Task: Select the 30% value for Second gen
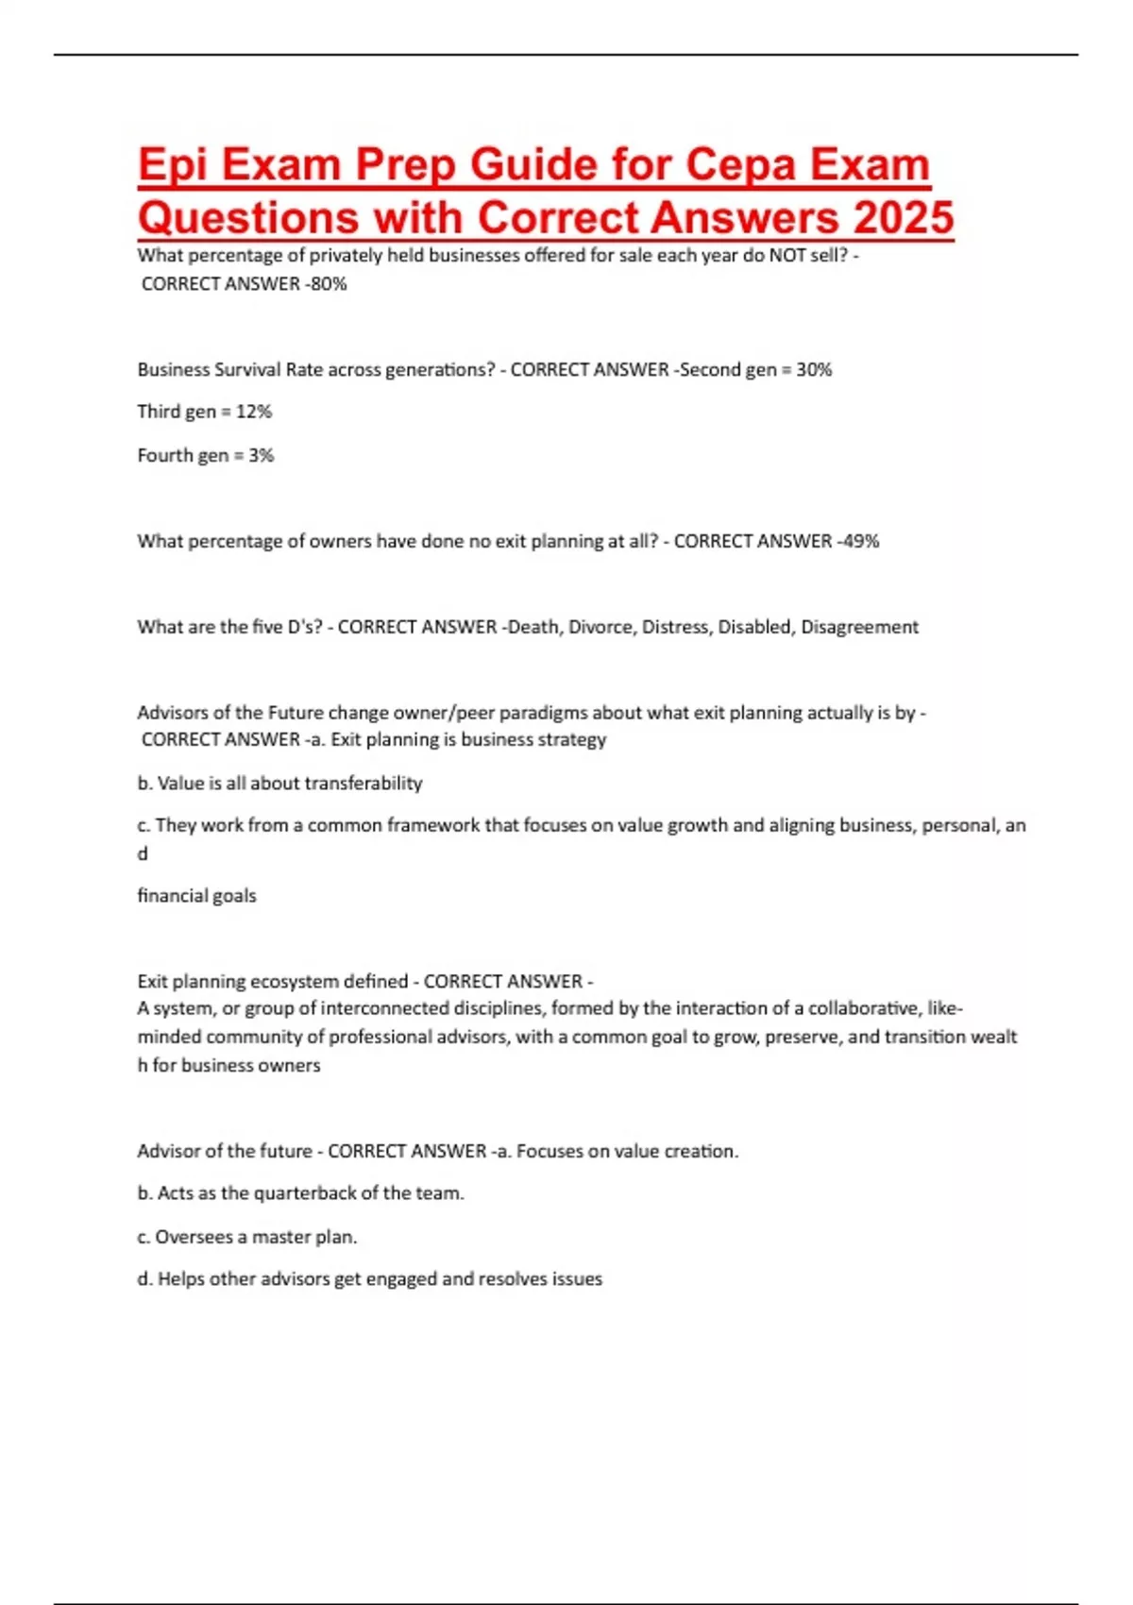(x=814, y=369)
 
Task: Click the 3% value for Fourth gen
(x=262, y=455)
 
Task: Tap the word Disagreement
(x=859, y=627)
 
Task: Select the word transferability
(x=364, y=783)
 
